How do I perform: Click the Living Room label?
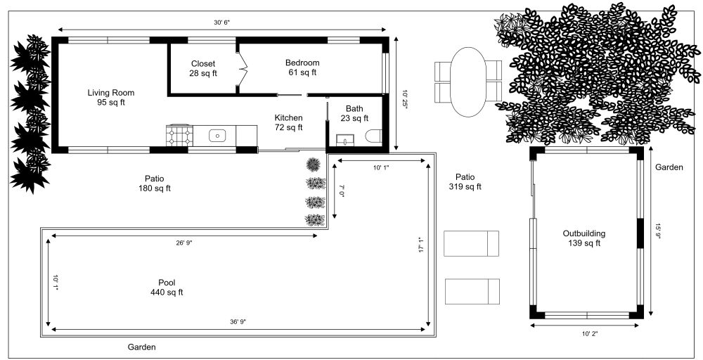[x=110, y=98]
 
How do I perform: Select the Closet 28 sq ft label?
[x=203, y=68]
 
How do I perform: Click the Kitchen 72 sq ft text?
[x=288, y=122]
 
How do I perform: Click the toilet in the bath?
[x=373, y=136]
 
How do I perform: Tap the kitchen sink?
[x=218, y=134]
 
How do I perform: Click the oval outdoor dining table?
[x=468, y=82]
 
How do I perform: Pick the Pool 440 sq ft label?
[x=167, y=288]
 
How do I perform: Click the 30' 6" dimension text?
[x=222, y=22]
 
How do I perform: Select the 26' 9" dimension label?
[x=183, y=243]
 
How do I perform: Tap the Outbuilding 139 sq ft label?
[x=584, y=238]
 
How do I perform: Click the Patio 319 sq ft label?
[x=465, y=182]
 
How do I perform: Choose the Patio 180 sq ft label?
[x=155, y=183]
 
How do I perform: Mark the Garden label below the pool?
[x=141, y=347]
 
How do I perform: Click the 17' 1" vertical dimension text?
[x=421, y=244]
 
